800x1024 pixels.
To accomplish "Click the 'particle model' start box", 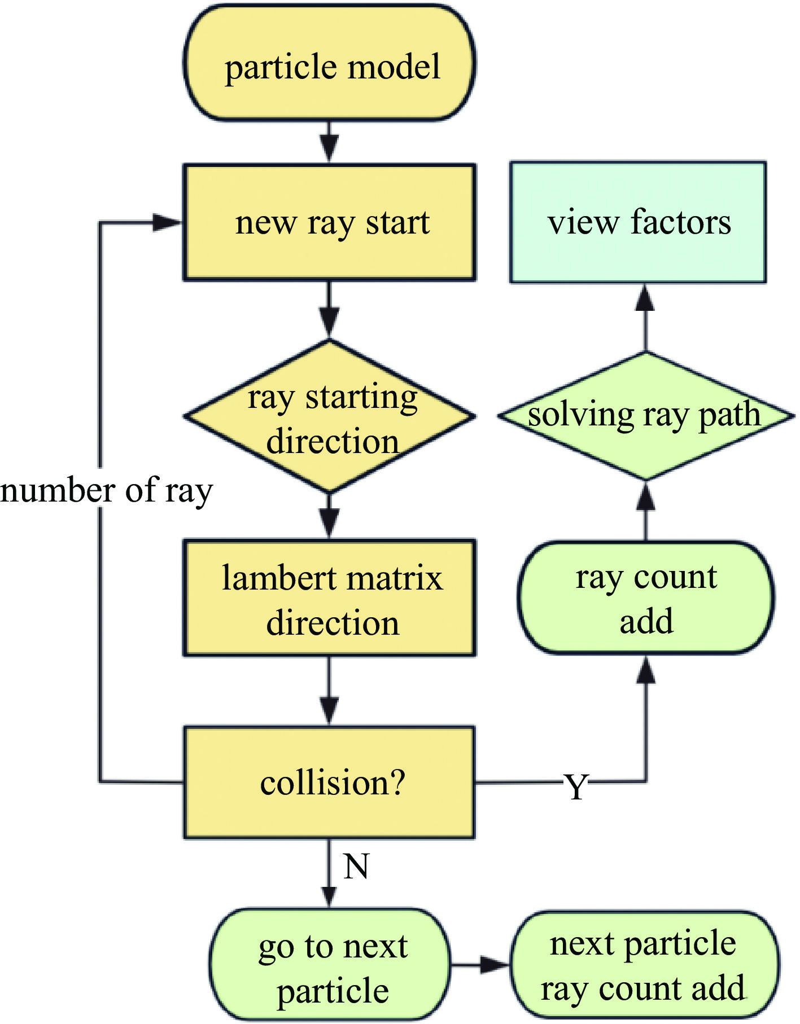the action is click(x=329, y=63).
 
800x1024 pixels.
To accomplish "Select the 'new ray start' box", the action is click(x=329, y=222).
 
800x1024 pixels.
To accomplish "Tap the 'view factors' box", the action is click(x=638, y=222).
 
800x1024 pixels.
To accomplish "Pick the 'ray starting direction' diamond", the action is click(x=330, y=416).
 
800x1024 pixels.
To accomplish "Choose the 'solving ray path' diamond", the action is click(x=646, y=416).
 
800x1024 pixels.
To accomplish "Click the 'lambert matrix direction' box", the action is click(x=329, y=598).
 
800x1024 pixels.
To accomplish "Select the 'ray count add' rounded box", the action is click(x=646, y=597).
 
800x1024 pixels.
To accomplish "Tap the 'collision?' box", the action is click(x=329, y=782).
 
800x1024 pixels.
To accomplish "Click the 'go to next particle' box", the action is click(x=330, y=964).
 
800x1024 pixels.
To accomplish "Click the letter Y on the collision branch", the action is click(x=576, y=786).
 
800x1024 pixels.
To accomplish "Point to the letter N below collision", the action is click(x=356, y=866).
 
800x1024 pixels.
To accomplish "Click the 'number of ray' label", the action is click(x=106, y=491).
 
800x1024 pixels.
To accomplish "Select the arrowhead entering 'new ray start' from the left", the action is click(x=168, y=222).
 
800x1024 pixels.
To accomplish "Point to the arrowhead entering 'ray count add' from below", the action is click(x=646, y=670).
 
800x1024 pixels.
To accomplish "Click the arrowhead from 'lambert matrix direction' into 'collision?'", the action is click(x=329, y=711).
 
